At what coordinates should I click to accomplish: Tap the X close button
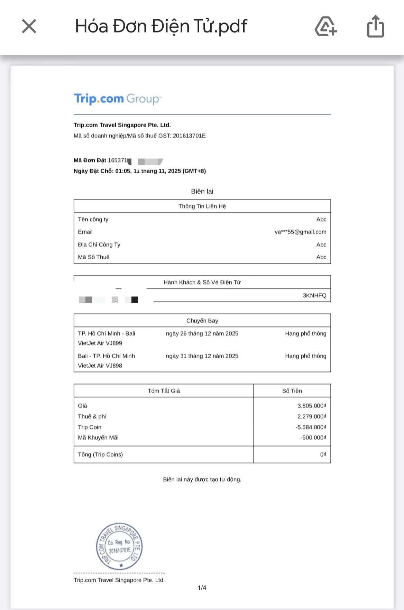tap(29, 26)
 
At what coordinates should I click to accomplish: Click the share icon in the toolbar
tap(375, 26)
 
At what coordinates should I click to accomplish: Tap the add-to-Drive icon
tap(325, 26)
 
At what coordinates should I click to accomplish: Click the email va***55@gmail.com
tap(300, 232)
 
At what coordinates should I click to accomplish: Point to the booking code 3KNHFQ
tap(314, 296)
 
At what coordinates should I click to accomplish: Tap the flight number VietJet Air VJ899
tap(100, 343)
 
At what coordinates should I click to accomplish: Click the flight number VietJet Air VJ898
tap(100, 366)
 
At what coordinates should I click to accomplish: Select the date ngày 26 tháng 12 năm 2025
tap(202, 334)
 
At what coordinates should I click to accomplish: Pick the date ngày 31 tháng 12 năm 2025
tap(202, 356)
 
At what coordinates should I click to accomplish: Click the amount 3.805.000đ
tap(311, 406)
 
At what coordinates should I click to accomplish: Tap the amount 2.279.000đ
tap(311, 417)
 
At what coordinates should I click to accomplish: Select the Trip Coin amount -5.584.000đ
tap(311, 427)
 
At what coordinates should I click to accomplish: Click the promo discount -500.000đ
tap(313, 438)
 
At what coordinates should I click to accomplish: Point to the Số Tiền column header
tap(292, 391)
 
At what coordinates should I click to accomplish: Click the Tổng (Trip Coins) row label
tap(100, 455)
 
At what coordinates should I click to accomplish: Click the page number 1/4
tap(202, 588)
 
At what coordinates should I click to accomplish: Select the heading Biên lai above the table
tap(202, 192)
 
